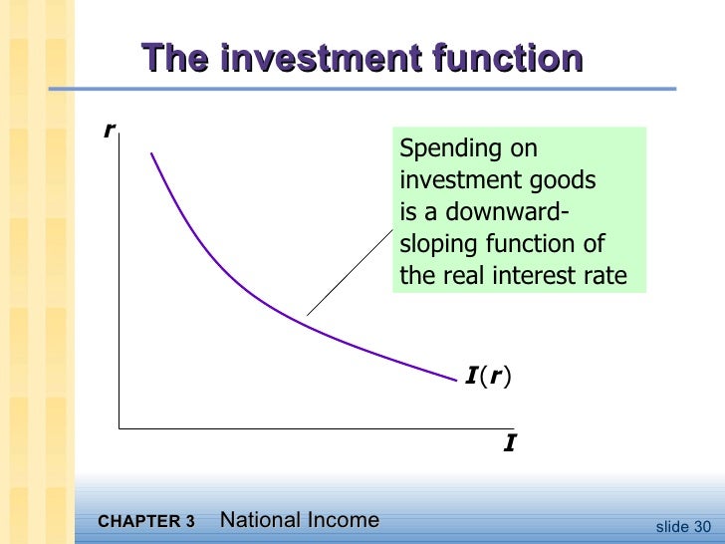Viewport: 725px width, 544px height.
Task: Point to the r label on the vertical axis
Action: click(109, 130)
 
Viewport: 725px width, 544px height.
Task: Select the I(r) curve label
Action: click(491, 376)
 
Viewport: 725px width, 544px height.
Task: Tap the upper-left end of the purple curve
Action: click(152, 153)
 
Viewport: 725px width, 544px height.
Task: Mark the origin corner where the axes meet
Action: click(120, 428)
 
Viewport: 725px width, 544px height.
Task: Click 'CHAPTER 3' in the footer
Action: click(147, 521)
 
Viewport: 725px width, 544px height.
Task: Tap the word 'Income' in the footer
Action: click(346, 519)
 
